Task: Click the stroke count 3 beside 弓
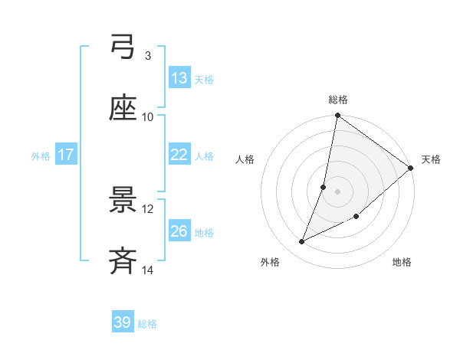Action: coord(147,56)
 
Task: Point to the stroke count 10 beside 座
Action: coord(148,117)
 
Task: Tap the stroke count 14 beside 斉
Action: coord(148,270)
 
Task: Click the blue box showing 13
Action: coord(179,78)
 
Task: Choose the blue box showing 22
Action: coord(179,155)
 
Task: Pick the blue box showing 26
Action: coord(179,231)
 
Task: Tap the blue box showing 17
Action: coord(66,155)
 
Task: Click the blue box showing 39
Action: coord(123,322)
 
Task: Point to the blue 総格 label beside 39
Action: coord(147,324)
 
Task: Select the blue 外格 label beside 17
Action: coord(41,156)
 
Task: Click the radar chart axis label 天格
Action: coord(431,159)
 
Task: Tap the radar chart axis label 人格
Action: coord(245,159)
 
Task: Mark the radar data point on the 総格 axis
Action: coord(337,116)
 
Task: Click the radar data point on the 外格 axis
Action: coord(302,242)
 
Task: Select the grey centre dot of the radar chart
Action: coord(337,191)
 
